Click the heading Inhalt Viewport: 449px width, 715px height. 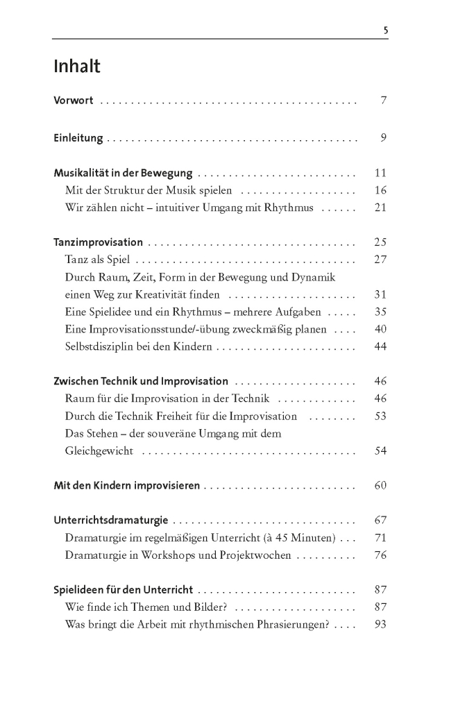(77, 67)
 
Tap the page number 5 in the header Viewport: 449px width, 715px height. (385, 30)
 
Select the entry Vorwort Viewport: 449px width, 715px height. (74, 101)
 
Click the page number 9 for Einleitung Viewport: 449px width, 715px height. (382, 138)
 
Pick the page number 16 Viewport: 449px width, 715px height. (380, 190)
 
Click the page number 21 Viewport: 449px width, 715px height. (380, 208)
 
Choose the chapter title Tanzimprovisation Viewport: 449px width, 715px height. (98, 243)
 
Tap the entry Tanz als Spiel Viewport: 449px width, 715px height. (97, 260)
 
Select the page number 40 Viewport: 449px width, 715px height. (380, 329)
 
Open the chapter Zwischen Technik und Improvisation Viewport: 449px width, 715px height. (141, 381)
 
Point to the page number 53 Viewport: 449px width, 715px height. (380, 416)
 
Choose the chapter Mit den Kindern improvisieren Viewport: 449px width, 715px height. (127, 485)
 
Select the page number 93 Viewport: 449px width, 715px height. (380, 624)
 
